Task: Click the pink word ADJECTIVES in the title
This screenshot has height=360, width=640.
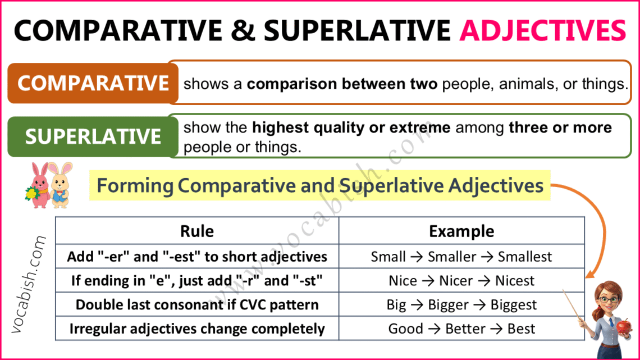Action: (x=542, y=30)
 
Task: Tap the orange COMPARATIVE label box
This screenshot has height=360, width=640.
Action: (x=93, y=83)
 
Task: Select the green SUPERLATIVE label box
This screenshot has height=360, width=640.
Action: (x=93, y=136)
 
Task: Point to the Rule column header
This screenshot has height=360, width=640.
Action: (x=196, y=231)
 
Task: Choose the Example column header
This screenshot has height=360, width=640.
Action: (x=461, y=231)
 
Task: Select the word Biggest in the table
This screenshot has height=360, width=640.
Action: (x=513, y=305)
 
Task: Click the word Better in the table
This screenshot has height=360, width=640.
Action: (x=464, y=329)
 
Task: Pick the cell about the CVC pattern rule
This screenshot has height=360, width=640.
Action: (x=197, y=305)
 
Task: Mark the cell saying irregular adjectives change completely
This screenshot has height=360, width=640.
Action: (x=197, y=329)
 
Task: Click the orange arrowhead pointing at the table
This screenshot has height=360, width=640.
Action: (x=589, y=275)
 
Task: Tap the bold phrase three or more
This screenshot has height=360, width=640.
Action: (x=560, y=128)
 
